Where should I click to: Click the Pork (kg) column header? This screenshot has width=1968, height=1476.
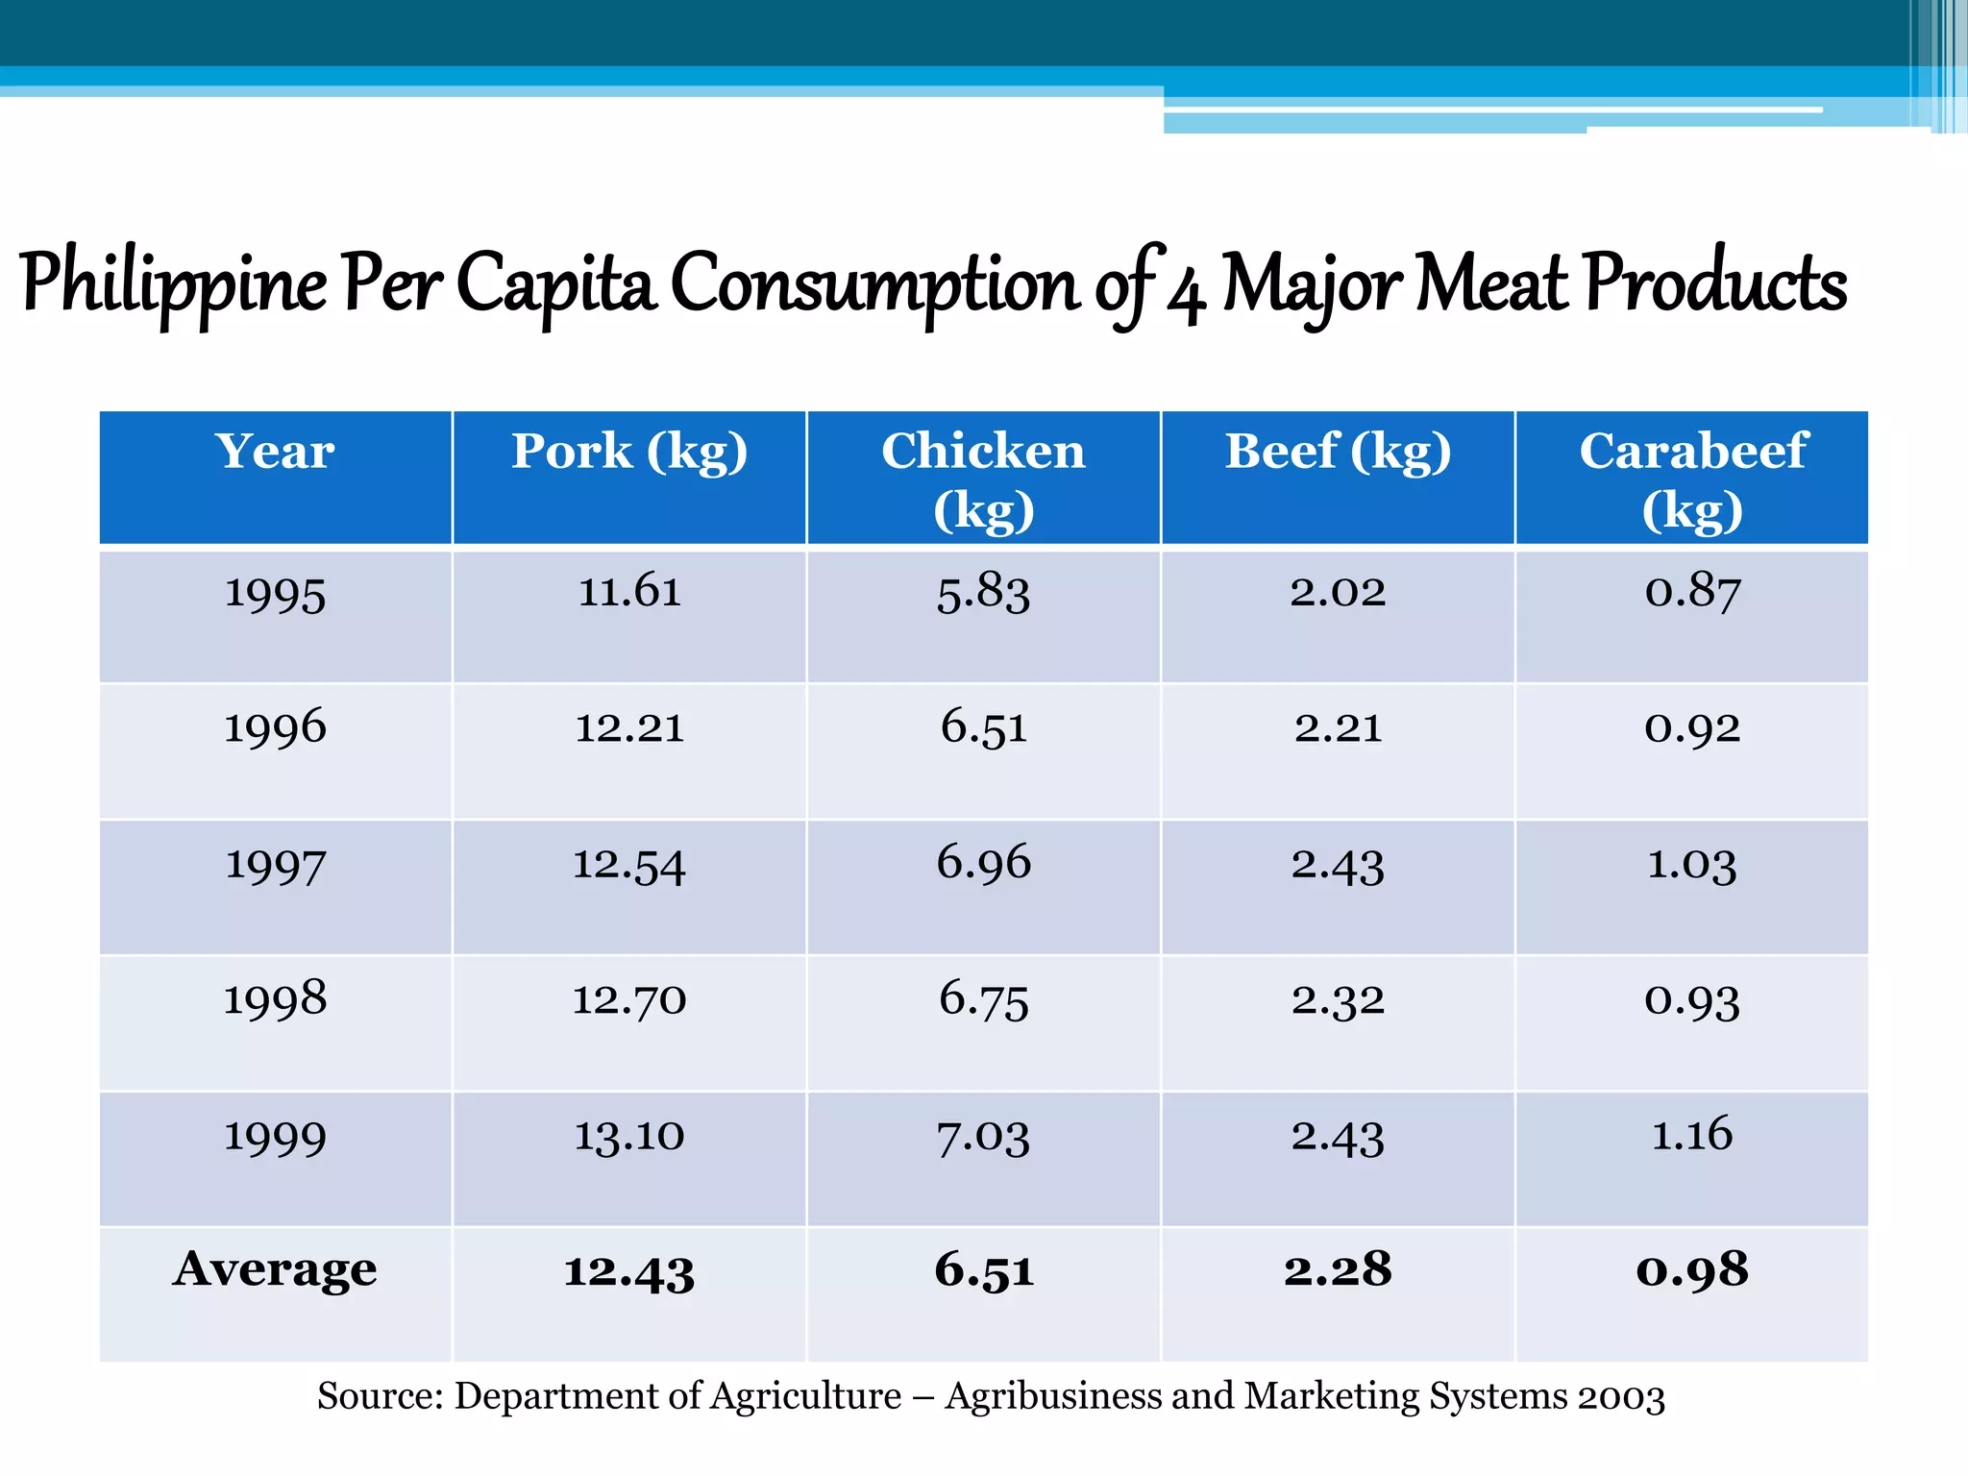tap(629, 452)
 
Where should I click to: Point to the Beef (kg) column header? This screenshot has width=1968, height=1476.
tap(1338, 452)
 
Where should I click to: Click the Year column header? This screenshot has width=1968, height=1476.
tap(275, 452)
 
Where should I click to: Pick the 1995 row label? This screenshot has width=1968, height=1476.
tap(275, 593)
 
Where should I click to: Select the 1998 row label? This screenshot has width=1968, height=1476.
tap(275, 999)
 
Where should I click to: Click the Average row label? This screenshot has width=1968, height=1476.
tap(275, 1269)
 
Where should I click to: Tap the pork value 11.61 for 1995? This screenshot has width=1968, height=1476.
tap(629, 591)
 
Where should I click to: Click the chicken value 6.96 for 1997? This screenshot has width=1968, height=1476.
tap(983, 862)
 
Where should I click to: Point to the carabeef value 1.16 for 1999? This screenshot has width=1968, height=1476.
tap(1691, 1135)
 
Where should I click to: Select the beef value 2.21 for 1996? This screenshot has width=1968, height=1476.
tap(1338, 727)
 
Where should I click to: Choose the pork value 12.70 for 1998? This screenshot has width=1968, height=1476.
tap(629, 999)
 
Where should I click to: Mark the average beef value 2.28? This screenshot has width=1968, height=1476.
tap(1338, 1269)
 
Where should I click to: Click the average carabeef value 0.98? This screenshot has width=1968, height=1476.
tap(1691, 1269)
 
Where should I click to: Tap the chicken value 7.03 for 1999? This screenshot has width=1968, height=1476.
tap(983, 1137)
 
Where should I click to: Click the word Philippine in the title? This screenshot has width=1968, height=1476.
tap(173, 284)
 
